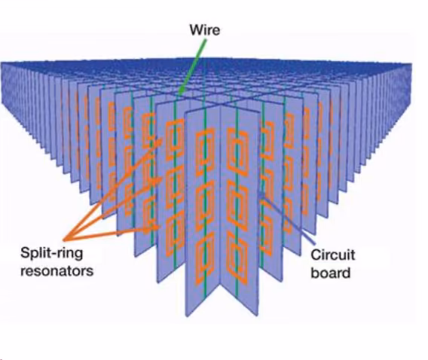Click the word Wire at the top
pos(205,29)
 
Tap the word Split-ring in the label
pos(52,253)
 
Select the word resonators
pos(57,271)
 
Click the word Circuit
pos(333,255)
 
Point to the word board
pos(331,273)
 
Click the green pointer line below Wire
pos(193,66)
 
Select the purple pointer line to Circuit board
pos(286,218)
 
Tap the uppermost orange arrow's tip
pos(162,139)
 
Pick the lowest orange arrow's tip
pos(159,227)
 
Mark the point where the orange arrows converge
pos(64,240)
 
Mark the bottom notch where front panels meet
pos(221,284)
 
